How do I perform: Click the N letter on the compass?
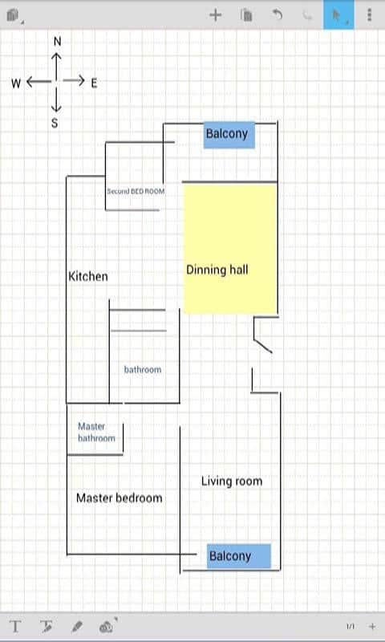click(57, 42)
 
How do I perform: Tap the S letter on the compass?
click(55, 123)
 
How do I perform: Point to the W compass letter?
click(16, 83)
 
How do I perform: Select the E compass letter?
click(94, 83)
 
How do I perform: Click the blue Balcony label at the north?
click(229, 134)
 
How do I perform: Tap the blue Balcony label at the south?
click(239, 556)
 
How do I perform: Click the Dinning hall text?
click(217, 270)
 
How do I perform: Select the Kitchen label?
click(88, 276)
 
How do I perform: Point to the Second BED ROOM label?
click(136, 191)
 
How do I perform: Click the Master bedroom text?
click(120, 498)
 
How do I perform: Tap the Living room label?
click(232, 481)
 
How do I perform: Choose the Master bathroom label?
click(96, 433)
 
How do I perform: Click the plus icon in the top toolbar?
click(215, 15)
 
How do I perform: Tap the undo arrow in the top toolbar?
click(278, 14)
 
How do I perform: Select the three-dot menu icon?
click(370, 14)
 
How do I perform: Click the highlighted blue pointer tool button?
click(338, 14)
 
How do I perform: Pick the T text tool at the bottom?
click(15, 627)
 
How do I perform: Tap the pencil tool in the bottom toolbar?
click(76, 627)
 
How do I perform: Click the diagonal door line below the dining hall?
click(262, 346)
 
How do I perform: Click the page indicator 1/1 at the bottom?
click(351, 627)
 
